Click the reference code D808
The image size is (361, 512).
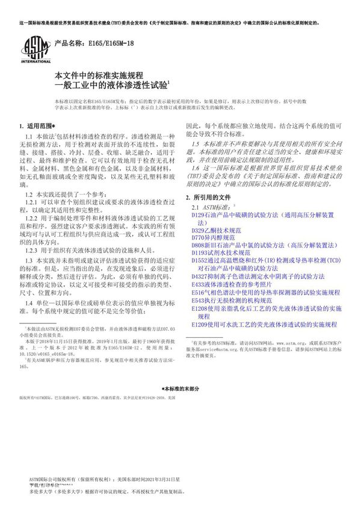click(198, 246)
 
